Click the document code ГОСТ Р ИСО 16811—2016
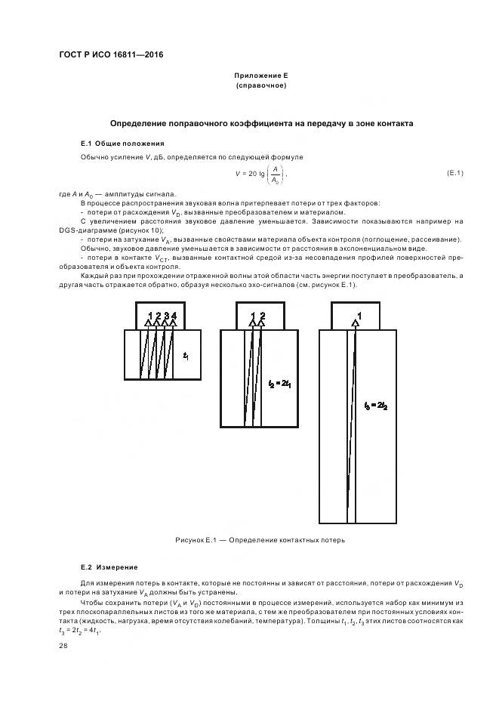[x=111, y=55]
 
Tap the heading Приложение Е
[x=260, y=76]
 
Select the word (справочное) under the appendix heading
[x=260, y=85]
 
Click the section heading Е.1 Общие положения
[x=122, y=143]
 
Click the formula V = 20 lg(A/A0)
[x=260, y=174]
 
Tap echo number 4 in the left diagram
[x=174, y=314]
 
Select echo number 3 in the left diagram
[x=166, y=314]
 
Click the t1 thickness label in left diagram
[x=186, y=355]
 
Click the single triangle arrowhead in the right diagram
[x=355, y=323]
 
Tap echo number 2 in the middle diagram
[x=263, y=314]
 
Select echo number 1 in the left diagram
[x=150, y=314]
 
